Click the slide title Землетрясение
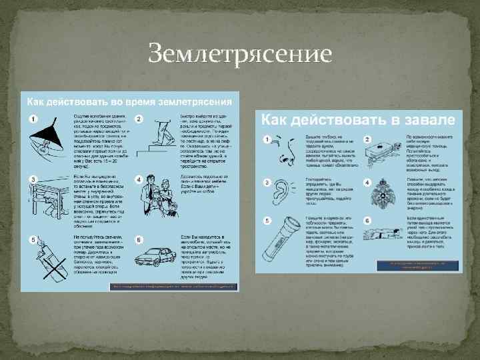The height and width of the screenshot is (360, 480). point(239,53)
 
